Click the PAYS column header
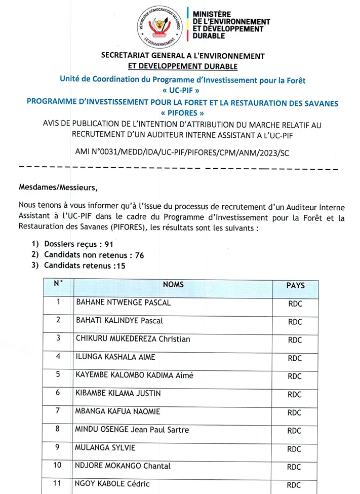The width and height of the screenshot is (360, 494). tap(295, 286)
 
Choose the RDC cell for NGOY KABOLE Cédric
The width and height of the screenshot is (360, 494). tap(294, 485)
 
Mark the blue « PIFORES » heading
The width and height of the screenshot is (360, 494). tap(182, 113)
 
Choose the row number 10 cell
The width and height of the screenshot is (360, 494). tap(58, 465)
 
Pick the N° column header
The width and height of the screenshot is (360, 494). tap(58, 284)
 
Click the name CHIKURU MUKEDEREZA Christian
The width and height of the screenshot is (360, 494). tap(129, 338)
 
